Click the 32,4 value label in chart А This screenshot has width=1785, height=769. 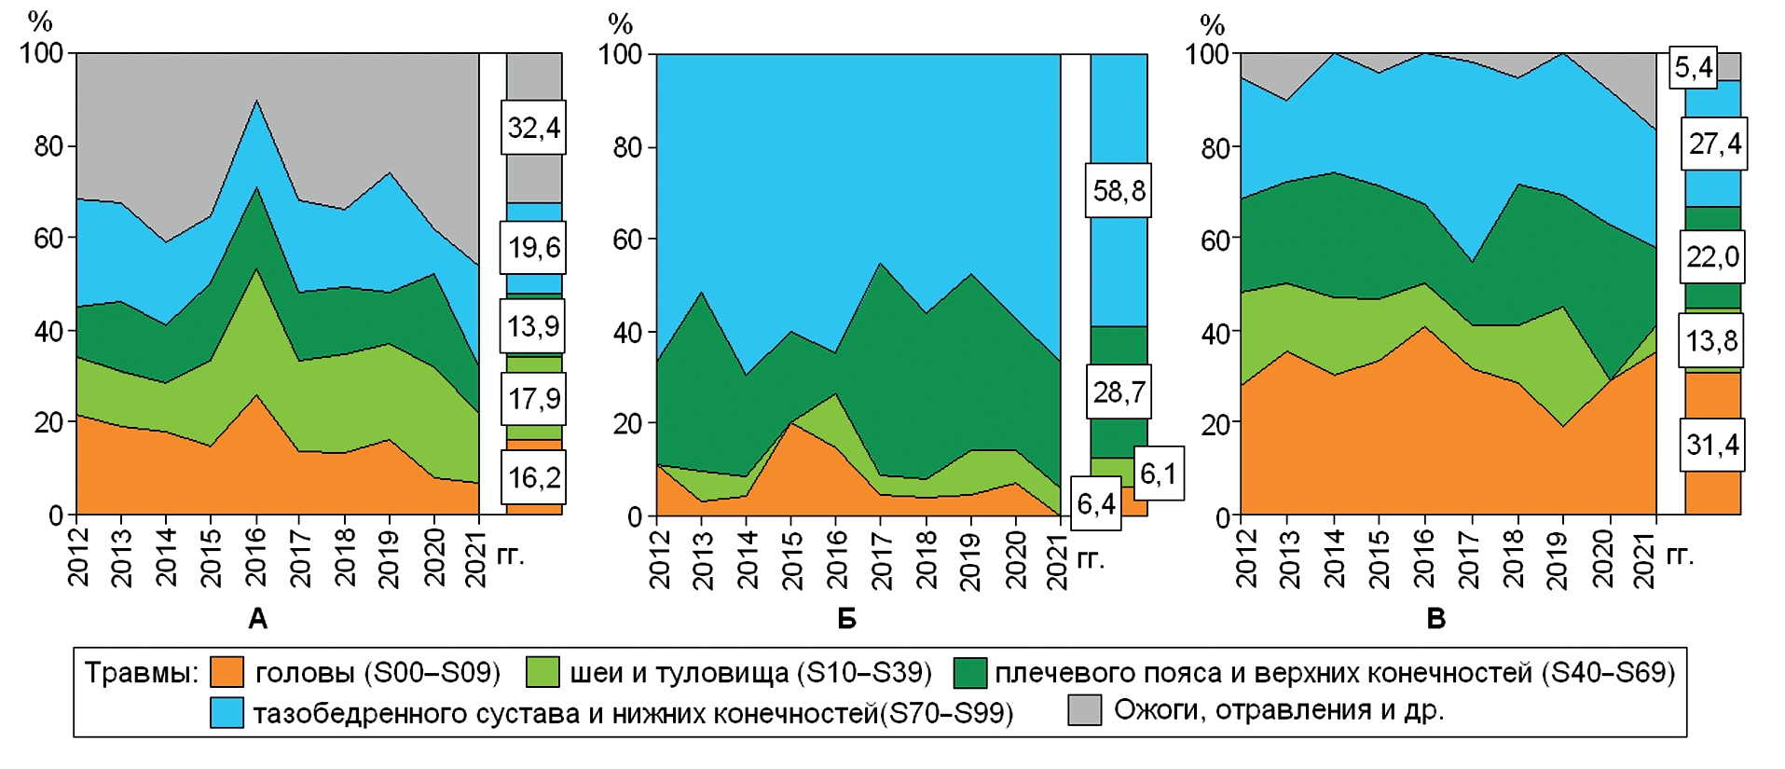(533, 127)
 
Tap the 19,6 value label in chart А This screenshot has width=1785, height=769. (533, 247)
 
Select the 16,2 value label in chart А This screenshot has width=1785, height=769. (533, 477)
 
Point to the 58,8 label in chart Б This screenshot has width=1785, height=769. (1118, 191)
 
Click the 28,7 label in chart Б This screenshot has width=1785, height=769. (1118, 391)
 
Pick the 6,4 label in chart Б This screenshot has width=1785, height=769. (1095, 504)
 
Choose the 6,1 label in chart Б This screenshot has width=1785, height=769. (1159, 474)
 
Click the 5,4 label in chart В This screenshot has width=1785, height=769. (1693, 67)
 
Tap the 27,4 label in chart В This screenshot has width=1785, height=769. (1714, 144)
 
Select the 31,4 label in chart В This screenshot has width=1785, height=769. (1712, 445)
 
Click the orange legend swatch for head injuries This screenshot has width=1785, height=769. (227, 672)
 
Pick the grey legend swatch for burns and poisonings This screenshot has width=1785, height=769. (1084, 710)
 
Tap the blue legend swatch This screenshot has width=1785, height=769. (227, 713)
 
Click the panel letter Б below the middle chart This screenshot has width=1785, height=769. (846, 619)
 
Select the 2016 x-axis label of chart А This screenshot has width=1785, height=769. (255, 556)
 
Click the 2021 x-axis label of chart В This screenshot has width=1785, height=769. (1645, 557)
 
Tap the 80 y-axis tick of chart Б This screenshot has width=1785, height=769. (627, 147)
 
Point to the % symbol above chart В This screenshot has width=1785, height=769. (1212, 23)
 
